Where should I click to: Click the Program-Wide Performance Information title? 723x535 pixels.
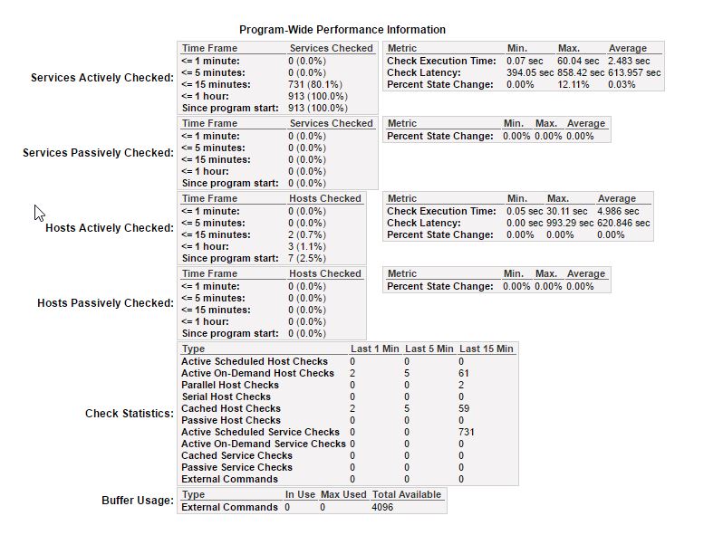coord(342,30)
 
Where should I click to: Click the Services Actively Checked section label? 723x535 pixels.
coord(101,78)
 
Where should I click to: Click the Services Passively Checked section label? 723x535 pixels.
coord(98,153)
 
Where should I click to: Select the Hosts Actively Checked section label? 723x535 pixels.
coord(109,228)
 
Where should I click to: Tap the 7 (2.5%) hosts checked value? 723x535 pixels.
coord(306,258)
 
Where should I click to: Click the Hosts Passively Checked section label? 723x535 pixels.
coord(105,303)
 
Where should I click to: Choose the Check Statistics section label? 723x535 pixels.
coord(129,414)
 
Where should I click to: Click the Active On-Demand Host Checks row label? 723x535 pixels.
coord(257,373)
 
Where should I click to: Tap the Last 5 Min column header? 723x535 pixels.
coord(429,349)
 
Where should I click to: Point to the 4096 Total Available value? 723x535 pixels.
coord(384,508)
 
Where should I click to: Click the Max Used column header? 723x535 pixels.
coord(342,495)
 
